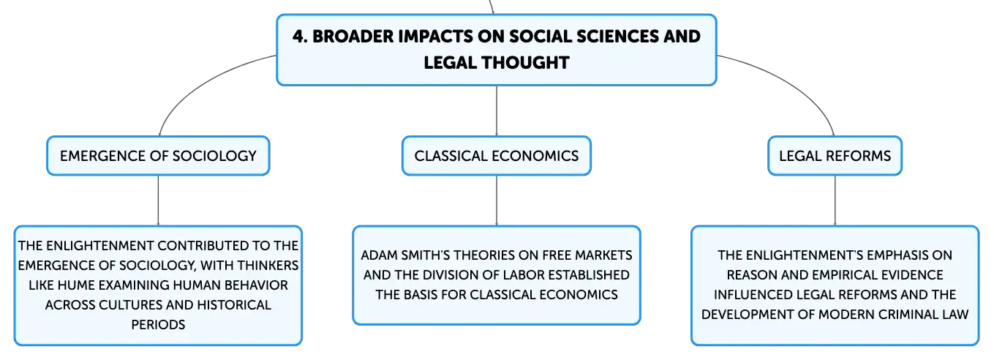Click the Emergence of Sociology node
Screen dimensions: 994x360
(x=158, y=156)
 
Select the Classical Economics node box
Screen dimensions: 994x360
(x=497, y=156)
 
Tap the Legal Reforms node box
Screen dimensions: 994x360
(x=835, y=156)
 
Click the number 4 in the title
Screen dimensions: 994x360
(x=298, y=37)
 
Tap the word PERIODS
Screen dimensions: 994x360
(x=158, y=324)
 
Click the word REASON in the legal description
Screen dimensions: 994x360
(x=752, y=275)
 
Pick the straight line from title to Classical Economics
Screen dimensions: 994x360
(x=497, y=110)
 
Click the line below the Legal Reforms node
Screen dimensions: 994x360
(x=835, y=200)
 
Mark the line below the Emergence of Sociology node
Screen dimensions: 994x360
(x=158, y=200)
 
